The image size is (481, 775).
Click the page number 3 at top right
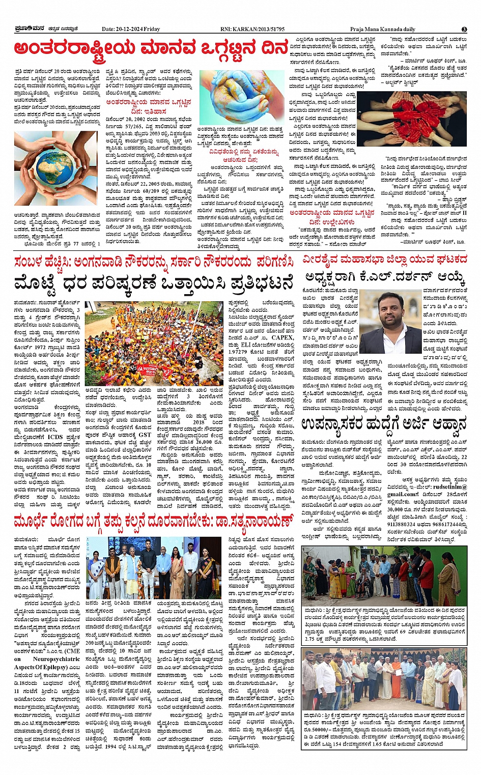coord(464,29)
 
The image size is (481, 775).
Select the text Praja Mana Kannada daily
coord(382,29)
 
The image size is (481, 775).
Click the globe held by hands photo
coord(56,168)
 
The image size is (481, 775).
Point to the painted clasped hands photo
coord(241,97)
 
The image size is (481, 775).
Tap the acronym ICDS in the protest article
coord(55,436)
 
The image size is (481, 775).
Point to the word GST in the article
coord(145,435)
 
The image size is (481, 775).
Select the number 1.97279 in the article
coord(241,351)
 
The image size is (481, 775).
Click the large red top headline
coord(152,49)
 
